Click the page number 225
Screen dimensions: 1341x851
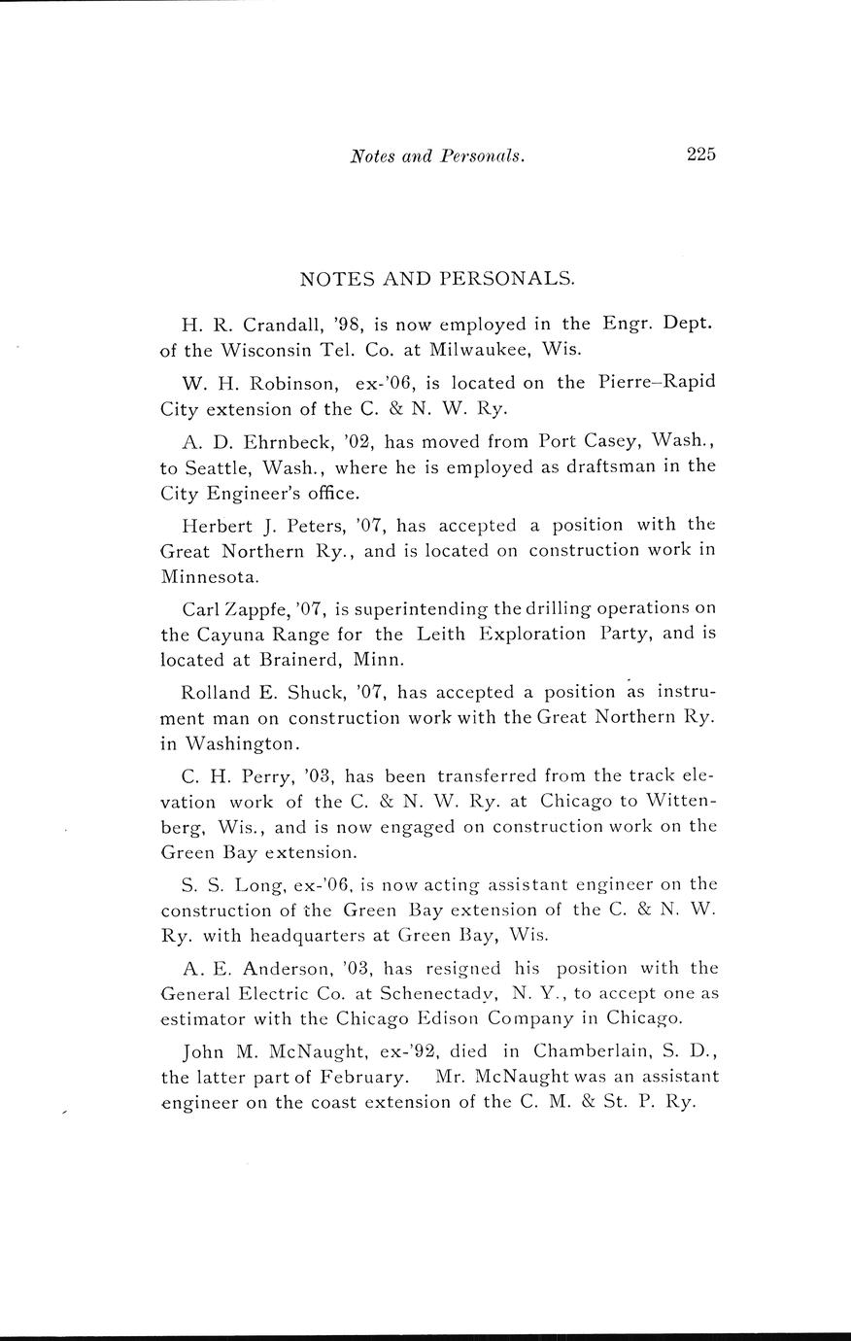(700, 154)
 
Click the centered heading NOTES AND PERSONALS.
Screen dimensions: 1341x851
(437, 279)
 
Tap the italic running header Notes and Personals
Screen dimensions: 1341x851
(437, 155)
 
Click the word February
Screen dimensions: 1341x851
(359, 1078)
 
